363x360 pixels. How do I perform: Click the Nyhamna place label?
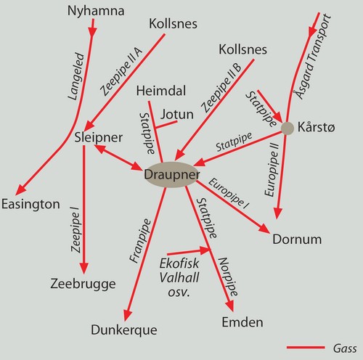click(x=96, y=11)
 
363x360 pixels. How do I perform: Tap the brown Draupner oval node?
click(x=172, y=174)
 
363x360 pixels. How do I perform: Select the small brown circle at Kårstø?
click(x=287, y=128)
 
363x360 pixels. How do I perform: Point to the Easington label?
click(x=30, y=204)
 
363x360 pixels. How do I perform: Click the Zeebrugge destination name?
click(x=83, y=284)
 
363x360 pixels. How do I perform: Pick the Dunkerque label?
click(x=124, y=330)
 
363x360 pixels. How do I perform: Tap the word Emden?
click(x=242, y=322)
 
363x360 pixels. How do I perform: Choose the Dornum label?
click(x=297, y=240)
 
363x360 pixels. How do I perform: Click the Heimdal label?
click(x=161, y=91)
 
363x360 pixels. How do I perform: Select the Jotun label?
click(x=177, y=114)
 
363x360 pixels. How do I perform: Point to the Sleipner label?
click(x=99, y=138)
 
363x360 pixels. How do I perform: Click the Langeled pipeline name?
click(x=77, y=76)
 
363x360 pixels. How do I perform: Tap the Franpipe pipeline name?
click(x=140, y=241)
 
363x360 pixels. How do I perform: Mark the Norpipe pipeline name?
click(x=228, y=277)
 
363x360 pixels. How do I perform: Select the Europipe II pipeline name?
click(x=272, y=170)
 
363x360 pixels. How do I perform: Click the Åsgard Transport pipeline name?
click(x=311, y=57)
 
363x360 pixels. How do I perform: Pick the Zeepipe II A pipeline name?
click(x=121, y=72)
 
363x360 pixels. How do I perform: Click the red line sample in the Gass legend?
click(x=306, y=348)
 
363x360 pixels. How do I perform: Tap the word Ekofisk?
click(x=179, y=263)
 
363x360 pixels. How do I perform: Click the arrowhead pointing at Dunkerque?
click(x=127, y=315)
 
